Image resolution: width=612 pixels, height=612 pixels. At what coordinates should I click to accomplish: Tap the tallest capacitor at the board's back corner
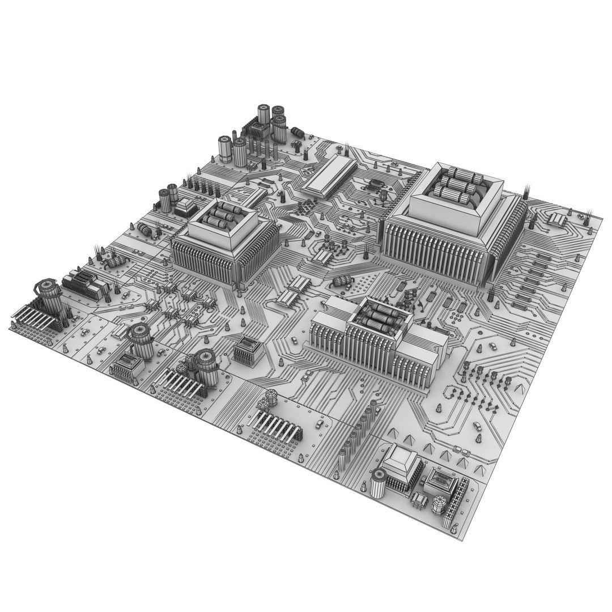263,116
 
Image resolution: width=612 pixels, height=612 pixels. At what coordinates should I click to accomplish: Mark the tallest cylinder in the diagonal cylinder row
373,408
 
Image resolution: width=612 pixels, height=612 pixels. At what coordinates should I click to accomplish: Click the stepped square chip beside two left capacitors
186,208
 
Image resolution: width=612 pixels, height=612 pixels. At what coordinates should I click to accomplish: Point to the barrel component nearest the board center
343,282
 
